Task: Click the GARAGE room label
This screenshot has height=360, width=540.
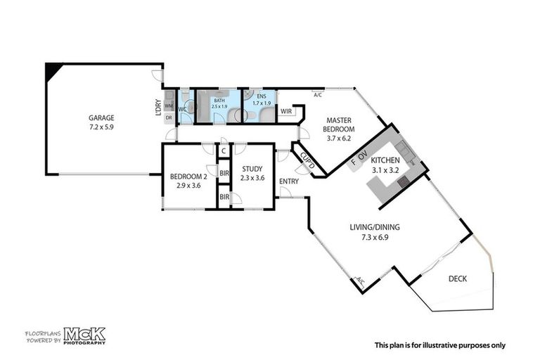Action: click(101, 118)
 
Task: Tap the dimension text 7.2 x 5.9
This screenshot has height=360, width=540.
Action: click(101, 128)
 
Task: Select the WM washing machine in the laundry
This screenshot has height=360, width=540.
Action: click(169, 105)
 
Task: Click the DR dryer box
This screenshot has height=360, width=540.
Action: click(169, 118)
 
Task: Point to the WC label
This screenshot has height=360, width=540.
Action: click(182, 110)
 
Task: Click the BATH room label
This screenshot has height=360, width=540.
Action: click(219, 100)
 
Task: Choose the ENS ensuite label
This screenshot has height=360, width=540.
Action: click(261, 96)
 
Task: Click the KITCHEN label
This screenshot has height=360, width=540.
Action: click(385, 160)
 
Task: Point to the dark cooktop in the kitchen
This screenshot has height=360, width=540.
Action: click(402, 181)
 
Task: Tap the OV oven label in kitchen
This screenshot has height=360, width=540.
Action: click(363, 155)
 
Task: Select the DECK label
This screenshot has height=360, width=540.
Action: click(457, 279)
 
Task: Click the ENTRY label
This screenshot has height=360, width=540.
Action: click(289, 181)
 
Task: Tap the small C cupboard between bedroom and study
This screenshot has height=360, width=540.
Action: click(223, 150)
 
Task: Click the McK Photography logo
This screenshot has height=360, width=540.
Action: click(84, 335)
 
